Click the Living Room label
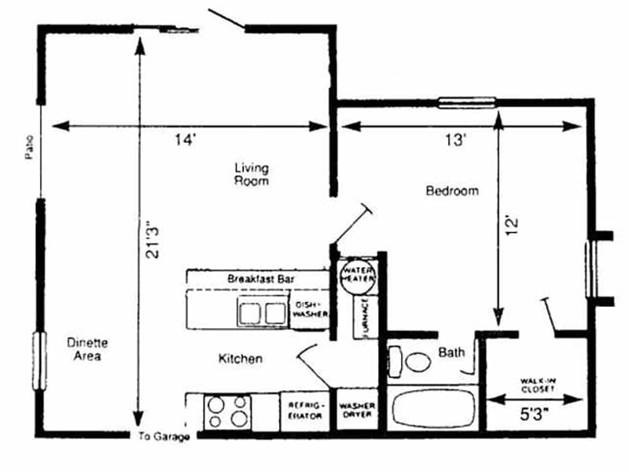(x=251, y=174)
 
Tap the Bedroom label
(x=452, y=190)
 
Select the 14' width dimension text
(x=185, y=141)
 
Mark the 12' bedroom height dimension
(x=512, y=226)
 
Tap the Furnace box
(x=366, y=317)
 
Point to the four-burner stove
(x=227, y=411)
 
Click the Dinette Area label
(x=87, y=349)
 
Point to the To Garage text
(x=164, y=437)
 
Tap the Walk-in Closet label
(x=537, y=385)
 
